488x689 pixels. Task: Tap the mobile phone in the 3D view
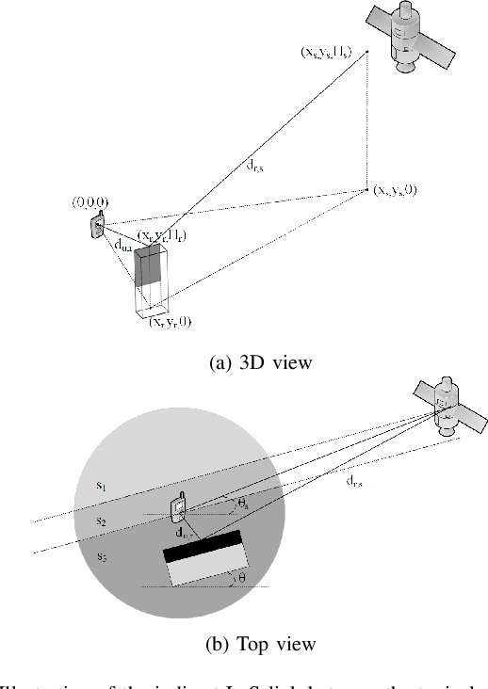(x=97, y=225)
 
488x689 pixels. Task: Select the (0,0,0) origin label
(x=89, y=202)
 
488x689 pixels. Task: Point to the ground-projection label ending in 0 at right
(x=395, y=190)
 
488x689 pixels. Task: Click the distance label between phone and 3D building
(x=122, y=246)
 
